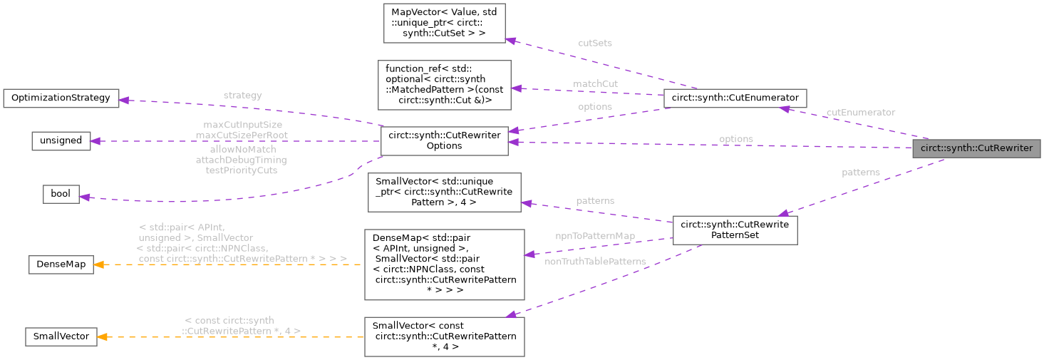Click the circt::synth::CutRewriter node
pos(976,148)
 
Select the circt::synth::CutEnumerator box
pos(735,98)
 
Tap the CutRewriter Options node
pos(444,140)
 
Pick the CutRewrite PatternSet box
pos(735,230)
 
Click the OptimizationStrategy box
pos(61,98)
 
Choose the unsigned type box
pos(61,140)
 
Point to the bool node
pos(61,194)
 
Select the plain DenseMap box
pos(61,264)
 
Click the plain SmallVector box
pos(61,336)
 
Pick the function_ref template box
pos(444,85)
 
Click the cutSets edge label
pos(594,43)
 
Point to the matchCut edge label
pos(595,83)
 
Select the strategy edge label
pos(242,95)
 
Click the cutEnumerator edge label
pos(860,112)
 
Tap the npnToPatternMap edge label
pos(595,235)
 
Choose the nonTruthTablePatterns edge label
pos(595,261)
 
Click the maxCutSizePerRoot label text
pos(242,135)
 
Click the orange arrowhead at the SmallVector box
pos(103,336)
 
